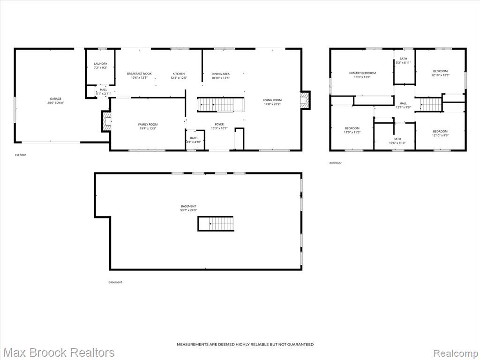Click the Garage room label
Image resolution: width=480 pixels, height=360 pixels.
point(56,101)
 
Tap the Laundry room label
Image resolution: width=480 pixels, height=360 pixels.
point(100,66)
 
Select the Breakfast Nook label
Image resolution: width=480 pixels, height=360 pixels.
point(139,75)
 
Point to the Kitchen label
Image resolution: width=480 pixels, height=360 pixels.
point(179,75)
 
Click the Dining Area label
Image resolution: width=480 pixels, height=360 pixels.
point(220,75)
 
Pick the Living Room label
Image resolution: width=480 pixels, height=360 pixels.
point(272,102)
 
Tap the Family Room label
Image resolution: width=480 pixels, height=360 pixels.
point(148,127)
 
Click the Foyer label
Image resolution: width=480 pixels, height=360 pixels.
point(219,126)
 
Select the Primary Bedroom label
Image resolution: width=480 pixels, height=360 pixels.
point(362,75)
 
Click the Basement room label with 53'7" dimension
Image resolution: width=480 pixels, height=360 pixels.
point(188,208)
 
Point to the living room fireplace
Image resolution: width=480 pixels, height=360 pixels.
point(305,100)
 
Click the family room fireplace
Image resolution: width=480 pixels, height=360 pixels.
point(106,121)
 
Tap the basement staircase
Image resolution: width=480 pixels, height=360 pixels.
point(216,224)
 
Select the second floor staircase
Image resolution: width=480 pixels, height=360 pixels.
point(431,105)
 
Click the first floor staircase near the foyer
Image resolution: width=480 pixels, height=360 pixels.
point(220,105)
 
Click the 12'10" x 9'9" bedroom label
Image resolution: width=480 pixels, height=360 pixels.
point(440,133)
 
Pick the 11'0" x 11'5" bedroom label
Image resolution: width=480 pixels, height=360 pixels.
point(352,130)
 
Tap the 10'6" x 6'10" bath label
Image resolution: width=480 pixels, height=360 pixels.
point(397,141)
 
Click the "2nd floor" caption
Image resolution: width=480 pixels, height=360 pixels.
point(335,163)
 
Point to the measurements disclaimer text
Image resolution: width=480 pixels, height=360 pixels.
point(245,345)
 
